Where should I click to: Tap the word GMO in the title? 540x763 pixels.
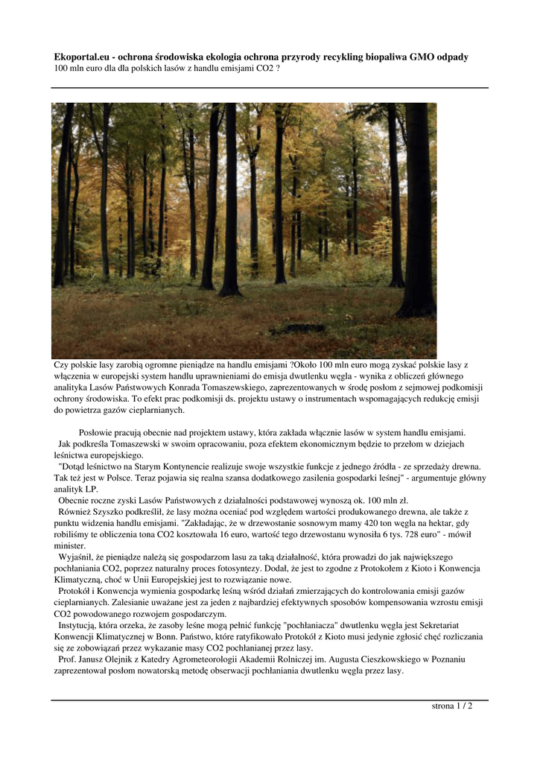[x=425, y=57]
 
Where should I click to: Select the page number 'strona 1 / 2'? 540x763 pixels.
[x=452, y=706]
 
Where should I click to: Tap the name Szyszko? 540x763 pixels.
[x=109, y=512]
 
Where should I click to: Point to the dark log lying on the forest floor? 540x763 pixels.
[x=298, y=328]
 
